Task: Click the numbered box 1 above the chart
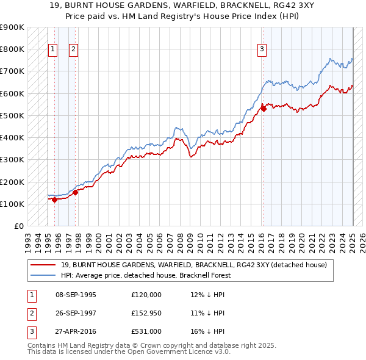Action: pos(52,50)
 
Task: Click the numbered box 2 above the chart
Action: pos(73,50)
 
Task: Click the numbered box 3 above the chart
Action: pos(262,50)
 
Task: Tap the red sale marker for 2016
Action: pos(264,109)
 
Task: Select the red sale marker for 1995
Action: pos(54,199)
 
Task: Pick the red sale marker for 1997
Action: pos(76,192)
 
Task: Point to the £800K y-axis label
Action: pos(12,49)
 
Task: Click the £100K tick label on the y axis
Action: pos(12,204)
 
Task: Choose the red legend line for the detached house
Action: pos(44,265)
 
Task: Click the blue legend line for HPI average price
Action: pos(44,275)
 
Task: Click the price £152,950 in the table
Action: pos(146,313)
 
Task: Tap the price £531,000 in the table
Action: pos(146,331)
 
